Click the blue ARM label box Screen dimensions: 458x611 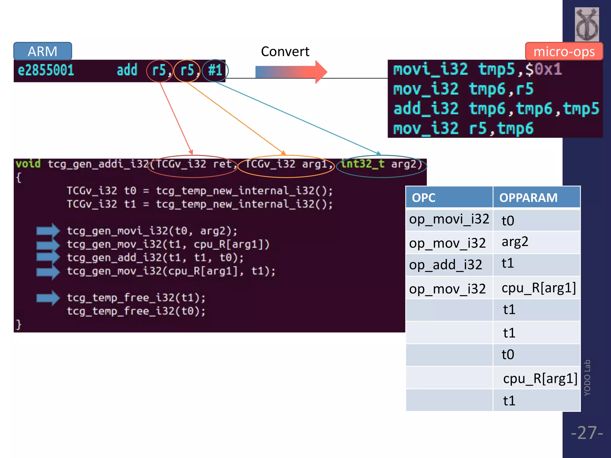pos(42,51)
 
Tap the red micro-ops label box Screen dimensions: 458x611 pos(564,52)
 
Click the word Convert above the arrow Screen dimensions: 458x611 pos(285,52)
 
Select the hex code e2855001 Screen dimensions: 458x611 pos(46,70)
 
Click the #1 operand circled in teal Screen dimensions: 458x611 pos(215,71)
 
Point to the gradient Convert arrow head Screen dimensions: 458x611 pos(321,72)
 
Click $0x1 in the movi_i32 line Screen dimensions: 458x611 pos(543,69)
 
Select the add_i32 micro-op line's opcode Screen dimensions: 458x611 pos(426,109)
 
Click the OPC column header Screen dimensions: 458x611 pos(424,198)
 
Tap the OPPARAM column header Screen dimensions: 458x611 pos(528,198)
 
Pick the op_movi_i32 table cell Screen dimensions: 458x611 pos(449,219)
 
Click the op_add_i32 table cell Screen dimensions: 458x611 pos(445,265)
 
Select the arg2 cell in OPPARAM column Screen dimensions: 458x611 pos(515,242)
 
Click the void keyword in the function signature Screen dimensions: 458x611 pos(28,164)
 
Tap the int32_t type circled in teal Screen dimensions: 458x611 pos(362,164)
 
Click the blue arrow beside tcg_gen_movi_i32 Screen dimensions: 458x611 pos(48,230)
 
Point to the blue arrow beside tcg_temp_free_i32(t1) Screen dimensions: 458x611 pos(48,298)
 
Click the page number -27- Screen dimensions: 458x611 pos(587,433)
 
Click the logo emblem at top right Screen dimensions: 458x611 pos(587,24)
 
